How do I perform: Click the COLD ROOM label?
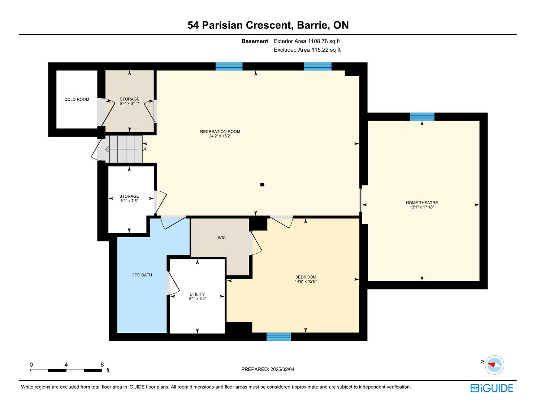point(77,100)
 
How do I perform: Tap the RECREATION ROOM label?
point(220,132)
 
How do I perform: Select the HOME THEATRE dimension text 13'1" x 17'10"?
point(422,207)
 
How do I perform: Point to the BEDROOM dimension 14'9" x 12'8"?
point(306,281)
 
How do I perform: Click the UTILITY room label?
point(197,294)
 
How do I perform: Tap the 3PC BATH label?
point(142,275)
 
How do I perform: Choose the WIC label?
point(222,238)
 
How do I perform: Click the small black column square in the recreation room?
point(262,184)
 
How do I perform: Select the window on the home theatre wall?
point(422,117)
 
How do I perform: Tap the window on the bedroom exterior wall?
point(279,337)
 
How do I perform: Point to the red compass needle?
point(492,365)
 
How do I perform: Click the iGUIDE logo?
point(492,388)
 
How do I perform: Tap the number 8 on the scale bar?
point(102,365)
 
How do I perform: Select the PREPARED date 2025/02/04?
point(282,369)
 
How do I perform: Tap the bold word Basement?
point(255,41)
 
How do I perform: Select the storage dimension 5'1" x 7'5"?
point(129,201)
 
